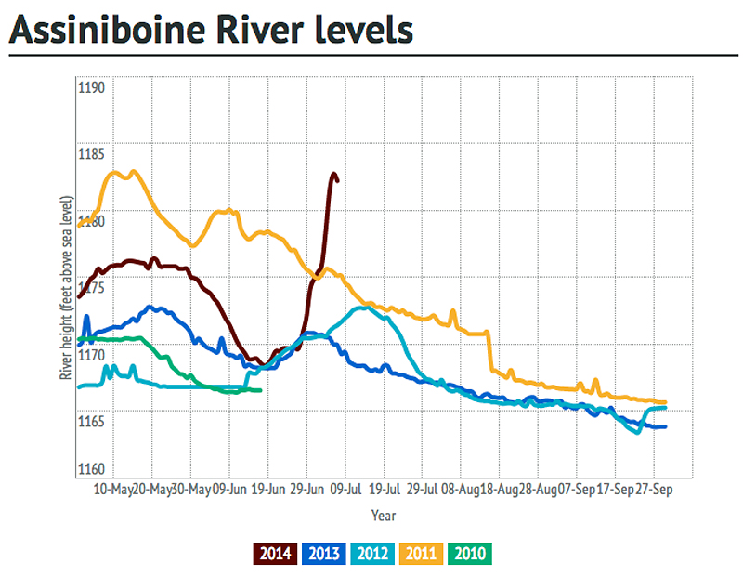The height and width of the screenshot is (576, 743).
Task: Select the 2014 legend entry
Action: click(276, 555)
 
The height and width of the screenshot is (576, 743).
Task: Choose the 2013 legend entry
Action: click(324, 555)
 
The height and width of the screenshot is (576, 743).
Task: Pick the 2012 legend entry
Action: click(372, 555)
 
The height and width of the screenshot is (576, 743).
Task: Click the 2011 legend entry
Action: click(421, 555)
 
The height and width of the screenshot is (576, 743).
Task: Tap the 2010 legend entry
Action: click(468, 555)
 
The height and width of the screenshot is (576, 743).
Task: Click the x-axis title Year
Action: click(384, 514)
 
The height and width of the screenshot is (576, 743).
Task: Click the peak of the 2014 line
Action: click(332, 174)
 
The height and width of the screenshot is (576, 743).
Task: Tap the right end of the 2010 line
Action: click(260, 390)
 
